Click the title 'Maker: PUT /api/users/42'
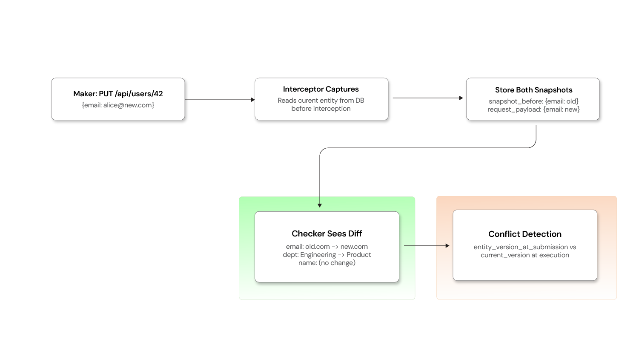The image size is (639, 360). tap(118, 94)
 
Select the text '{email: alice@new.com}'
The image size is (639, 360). tap(118, 105)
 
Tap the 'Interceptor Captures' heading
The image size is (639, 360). tap(321, 89)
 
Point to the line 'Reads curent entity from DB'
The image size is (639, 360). tap(321, 101)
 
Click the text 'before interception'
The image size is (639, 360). tap(321, 109)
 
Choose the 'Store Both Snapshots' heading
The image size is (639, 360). tap(533, 90)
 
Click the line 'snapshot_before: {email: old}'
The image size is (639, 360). tap(533, 101)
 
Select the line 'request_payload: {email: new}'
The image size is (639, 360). tap(533, 109)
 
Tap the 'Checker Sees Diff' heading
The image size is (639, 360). tap(327, 233)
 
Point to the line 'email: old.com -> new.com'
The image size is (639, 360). tap(327, 247)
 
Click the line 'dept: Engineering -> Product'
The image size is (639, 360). tap(327, 255)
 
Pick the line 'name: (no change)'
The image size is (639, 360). tap(327, 263)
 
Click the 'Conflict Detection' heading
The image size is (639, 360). tap(524, 234)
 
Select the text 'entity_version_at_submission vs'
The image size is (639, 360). tap(524, 247)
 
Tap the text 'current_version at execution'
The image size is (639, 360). tap(524, 255)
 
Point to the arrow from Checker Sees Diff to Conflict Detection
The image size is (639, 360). tap(426, 246)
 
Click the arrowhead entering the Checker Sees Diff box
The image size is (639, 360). tap(320, 205)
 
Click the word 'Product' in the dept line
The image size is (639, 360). tap(358, 255)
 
